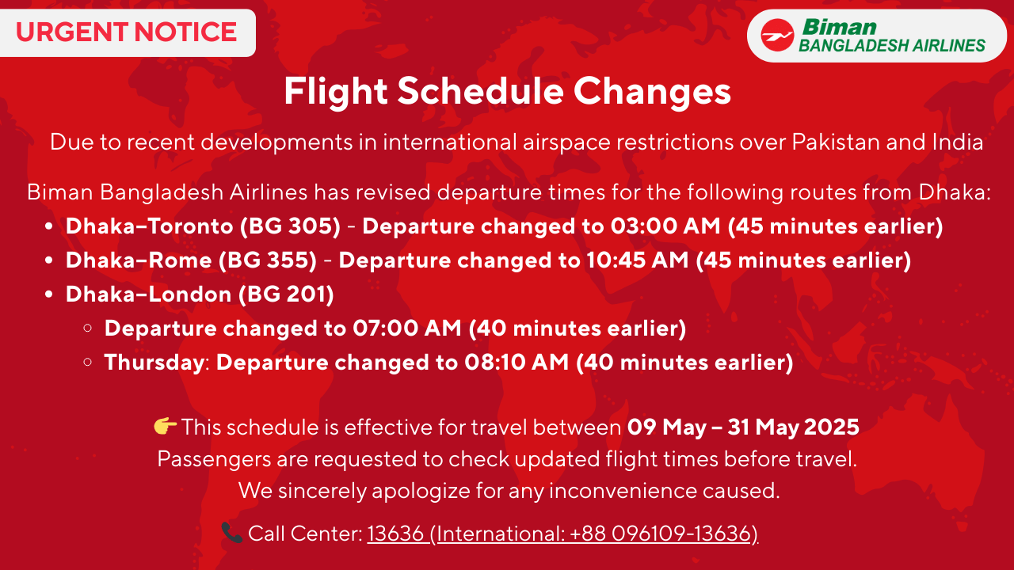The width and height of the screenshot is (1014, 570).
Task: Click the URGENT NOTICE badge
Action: [128, 32]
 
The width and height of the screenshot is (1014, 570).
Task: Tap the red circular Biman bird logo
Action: [777, 36]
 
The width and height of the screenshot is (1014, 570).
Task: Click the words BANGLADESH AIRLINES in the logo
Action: [892, 46]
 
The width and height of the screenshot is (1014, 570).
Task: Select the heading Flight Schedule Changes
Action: [508, 91]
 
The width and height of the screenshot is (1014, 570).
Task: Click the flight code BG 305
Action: [291, 226]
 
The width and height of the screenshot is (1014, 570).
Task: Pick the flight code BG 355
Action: [268, 260]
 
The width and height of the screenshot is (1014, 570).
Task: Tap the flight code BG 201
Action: [287, 294]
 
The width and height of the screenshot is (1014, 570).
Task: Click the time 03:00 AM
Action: [665, 226]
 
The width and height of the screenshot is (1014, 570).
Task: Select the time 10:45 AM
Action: [638, 260]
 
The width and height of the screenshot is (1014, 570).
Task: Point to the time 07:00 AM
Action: [407, 328]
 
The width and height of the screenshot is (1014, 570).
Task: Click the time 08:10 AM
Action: [517, 362]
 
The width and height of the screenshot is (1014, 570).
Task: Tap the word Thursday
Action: [154, 363]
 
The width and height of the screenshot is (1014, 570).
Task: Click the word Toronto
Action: [191, 226]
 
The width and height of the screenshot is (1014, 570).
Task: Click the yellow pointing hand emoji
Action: [165, 426]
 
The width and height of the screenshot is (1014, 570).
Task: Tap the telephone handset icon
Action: [232, 533]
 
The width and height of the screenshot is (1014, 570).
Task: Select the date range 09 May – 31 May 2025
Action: [743, 427]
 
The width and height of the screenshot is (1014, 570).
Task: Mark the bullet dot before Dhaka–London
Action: [49, 294]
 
